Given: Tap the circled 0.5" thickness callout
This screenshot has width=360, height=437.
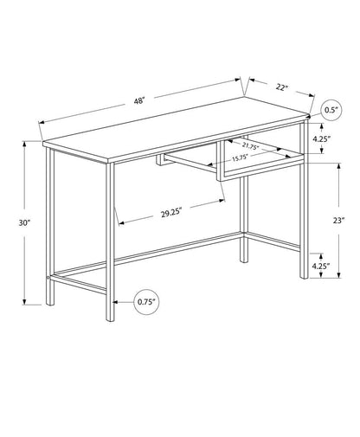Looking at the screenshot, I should [x=331, y=111].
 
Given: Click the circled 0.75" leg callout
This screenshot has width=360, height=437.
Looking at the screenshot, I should [x=147, y=302].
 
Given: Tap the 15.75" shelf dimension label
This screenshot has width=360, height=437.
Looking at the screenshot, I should [x=241, y=157].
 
